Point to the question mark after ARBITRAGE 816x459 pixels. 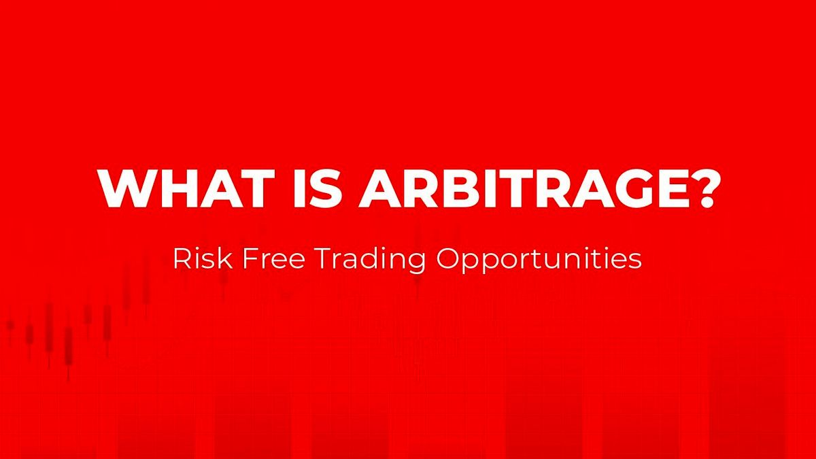[706, 188]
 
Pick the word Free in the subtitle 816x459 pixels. [273, 258]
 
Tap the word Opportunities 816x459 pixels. [539, 260]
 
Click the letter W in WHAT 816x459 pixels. [126, 188]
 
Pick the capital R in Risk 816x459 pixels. [183, 258]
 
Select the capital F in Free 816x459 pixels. [250, 258]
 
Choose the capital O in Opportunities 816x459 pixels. [448, 258]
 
